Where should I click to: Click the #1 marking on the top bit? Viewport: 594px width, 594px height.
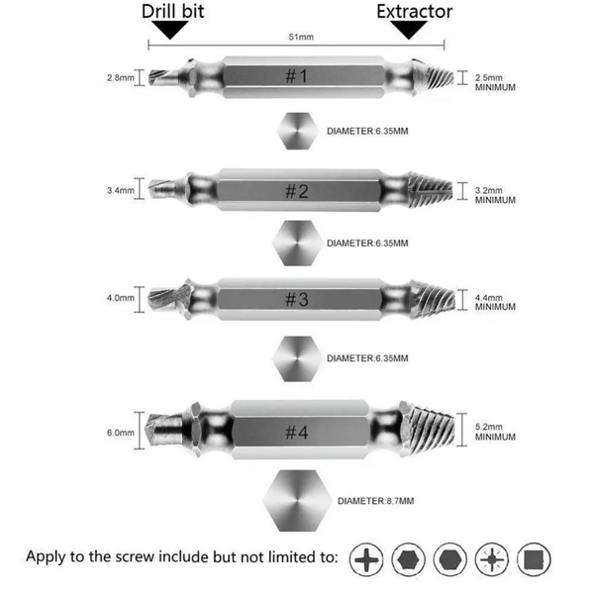(296, 76)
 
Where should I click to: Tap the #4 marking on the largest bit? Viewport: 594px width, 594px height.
(297, 433)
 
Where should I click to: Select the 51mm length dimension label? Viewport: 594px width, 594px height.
(301, 37)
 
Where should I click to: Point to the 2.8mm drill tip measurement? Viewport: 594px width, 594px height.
(121, 77)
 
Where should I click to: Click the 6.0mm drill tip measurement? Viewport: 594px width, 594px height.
(121, 433)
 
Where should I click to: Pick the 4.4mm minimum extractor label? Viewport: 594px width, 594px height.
(495, 302)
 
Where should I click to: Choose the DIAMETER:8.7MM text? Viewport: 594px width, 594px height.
(375, 501)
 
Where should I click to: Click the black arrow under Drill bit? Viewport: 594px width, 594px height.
(170, 30)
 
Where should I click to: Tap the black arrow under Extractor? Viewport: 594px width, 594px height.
(409, 30)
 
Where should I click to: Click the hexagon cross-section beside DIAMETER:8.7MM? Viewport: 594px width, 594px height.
(297, 500)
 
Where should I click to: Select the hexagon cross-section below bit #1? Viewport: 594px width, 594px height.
(297, 131)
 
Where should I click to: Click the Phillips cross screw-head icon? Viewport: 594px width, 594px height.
(366, 559)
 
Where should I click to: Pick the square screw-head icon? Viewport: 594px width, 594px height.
(534, 559)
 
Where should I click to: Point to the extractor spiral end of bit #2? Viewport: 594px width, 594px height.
(431, 190)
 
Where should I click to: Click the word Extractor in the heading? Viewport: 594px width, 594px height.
(415, 11)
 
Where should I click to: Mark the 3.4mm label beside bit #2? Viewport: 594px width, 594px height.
(121, 190)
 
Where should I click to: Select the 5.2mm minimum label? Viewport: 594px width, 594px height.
(495, 432)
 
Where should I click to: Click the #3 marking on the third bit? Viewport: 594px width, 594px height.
(297, 299)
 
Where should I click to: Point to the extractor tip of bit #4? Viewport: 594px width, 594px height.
(427, 430)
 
